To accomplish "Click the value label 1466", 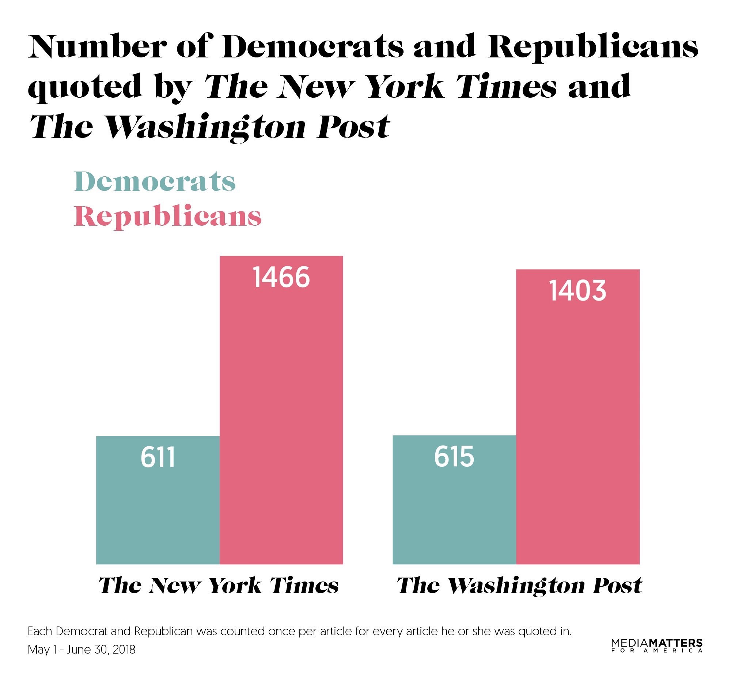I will coord(281,278).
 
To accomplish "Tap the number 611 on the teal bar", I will coord(158,457).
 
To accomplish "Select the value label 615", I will coord(454,457).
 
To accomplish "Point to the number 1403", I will coord(577,291).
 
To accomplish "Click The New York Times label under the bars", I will coord(219,585).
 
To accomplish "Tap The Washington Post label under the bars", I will coord(519,585).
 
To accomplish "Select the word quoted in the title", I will coord(85,87).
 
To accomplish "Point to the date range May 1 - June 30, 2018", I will coord(82,650).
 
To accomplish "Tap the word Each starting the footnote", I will coord(40,631).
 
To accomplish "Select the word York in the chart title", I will coord(406,87).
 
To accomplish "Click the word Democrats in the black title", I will coord(313,47).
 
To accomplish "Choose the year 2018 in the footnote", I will coord(124,650).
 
